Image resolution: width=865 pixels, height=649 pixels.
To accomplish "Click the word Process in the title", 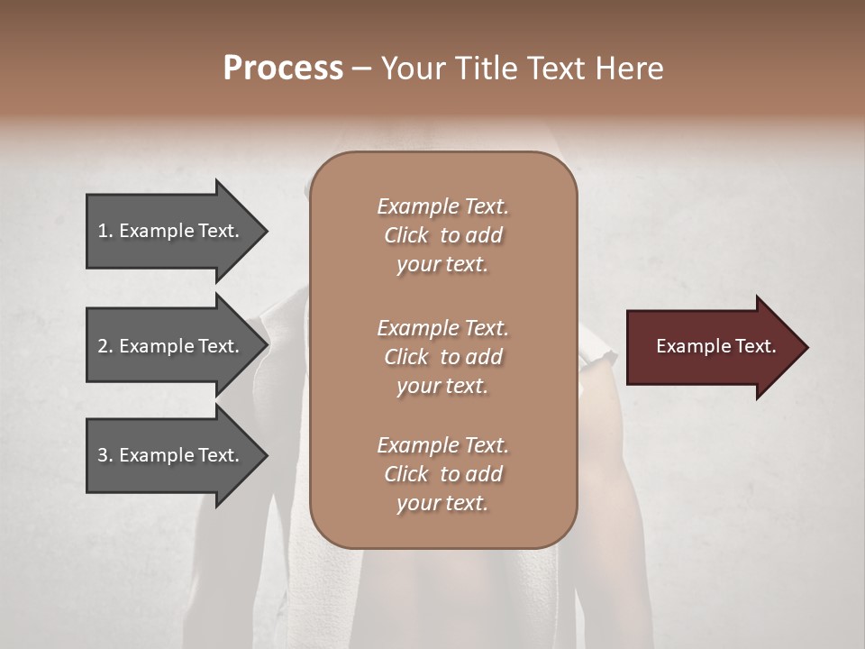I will tap(283, 69).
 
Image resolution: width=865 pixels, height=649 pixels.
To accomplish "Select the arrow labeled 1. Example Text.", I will tap(171, 231).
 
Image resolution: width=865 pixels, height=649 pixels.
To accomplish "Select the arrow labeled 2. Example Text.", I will tap(171, 346).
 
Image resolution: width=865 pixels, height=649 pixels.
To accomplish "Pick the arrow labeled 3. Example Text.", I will tap(171, 455).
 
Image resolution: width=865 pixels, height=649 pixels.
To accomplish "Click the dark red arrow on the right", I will tap(712, 347).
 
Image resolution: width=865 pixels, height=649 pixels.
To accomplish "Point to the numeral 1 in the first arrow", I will tap(103, 231).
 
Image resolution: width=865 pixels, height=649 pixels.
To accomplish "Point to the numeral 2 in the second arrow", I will tap(103, 346).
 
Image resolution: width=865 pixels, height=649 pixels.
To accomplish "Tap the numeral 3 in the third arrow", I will tap(103, 455).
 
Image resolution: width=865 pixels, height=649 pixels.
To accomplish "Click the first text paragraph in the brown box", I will tap(442, 235).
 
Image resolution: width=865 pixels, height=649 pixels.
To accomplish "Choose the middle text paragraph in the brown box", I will tap(442, 357).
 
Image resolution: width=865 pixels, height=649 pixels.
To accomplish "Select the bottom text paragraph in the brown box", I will tap(442, 474).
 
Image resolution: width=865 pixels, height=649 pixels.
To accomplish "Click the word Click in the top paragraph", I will tap(406, 235).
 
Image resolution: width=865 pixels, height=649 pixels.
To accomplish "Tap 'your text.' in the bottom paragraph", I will tap(442, 503).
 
